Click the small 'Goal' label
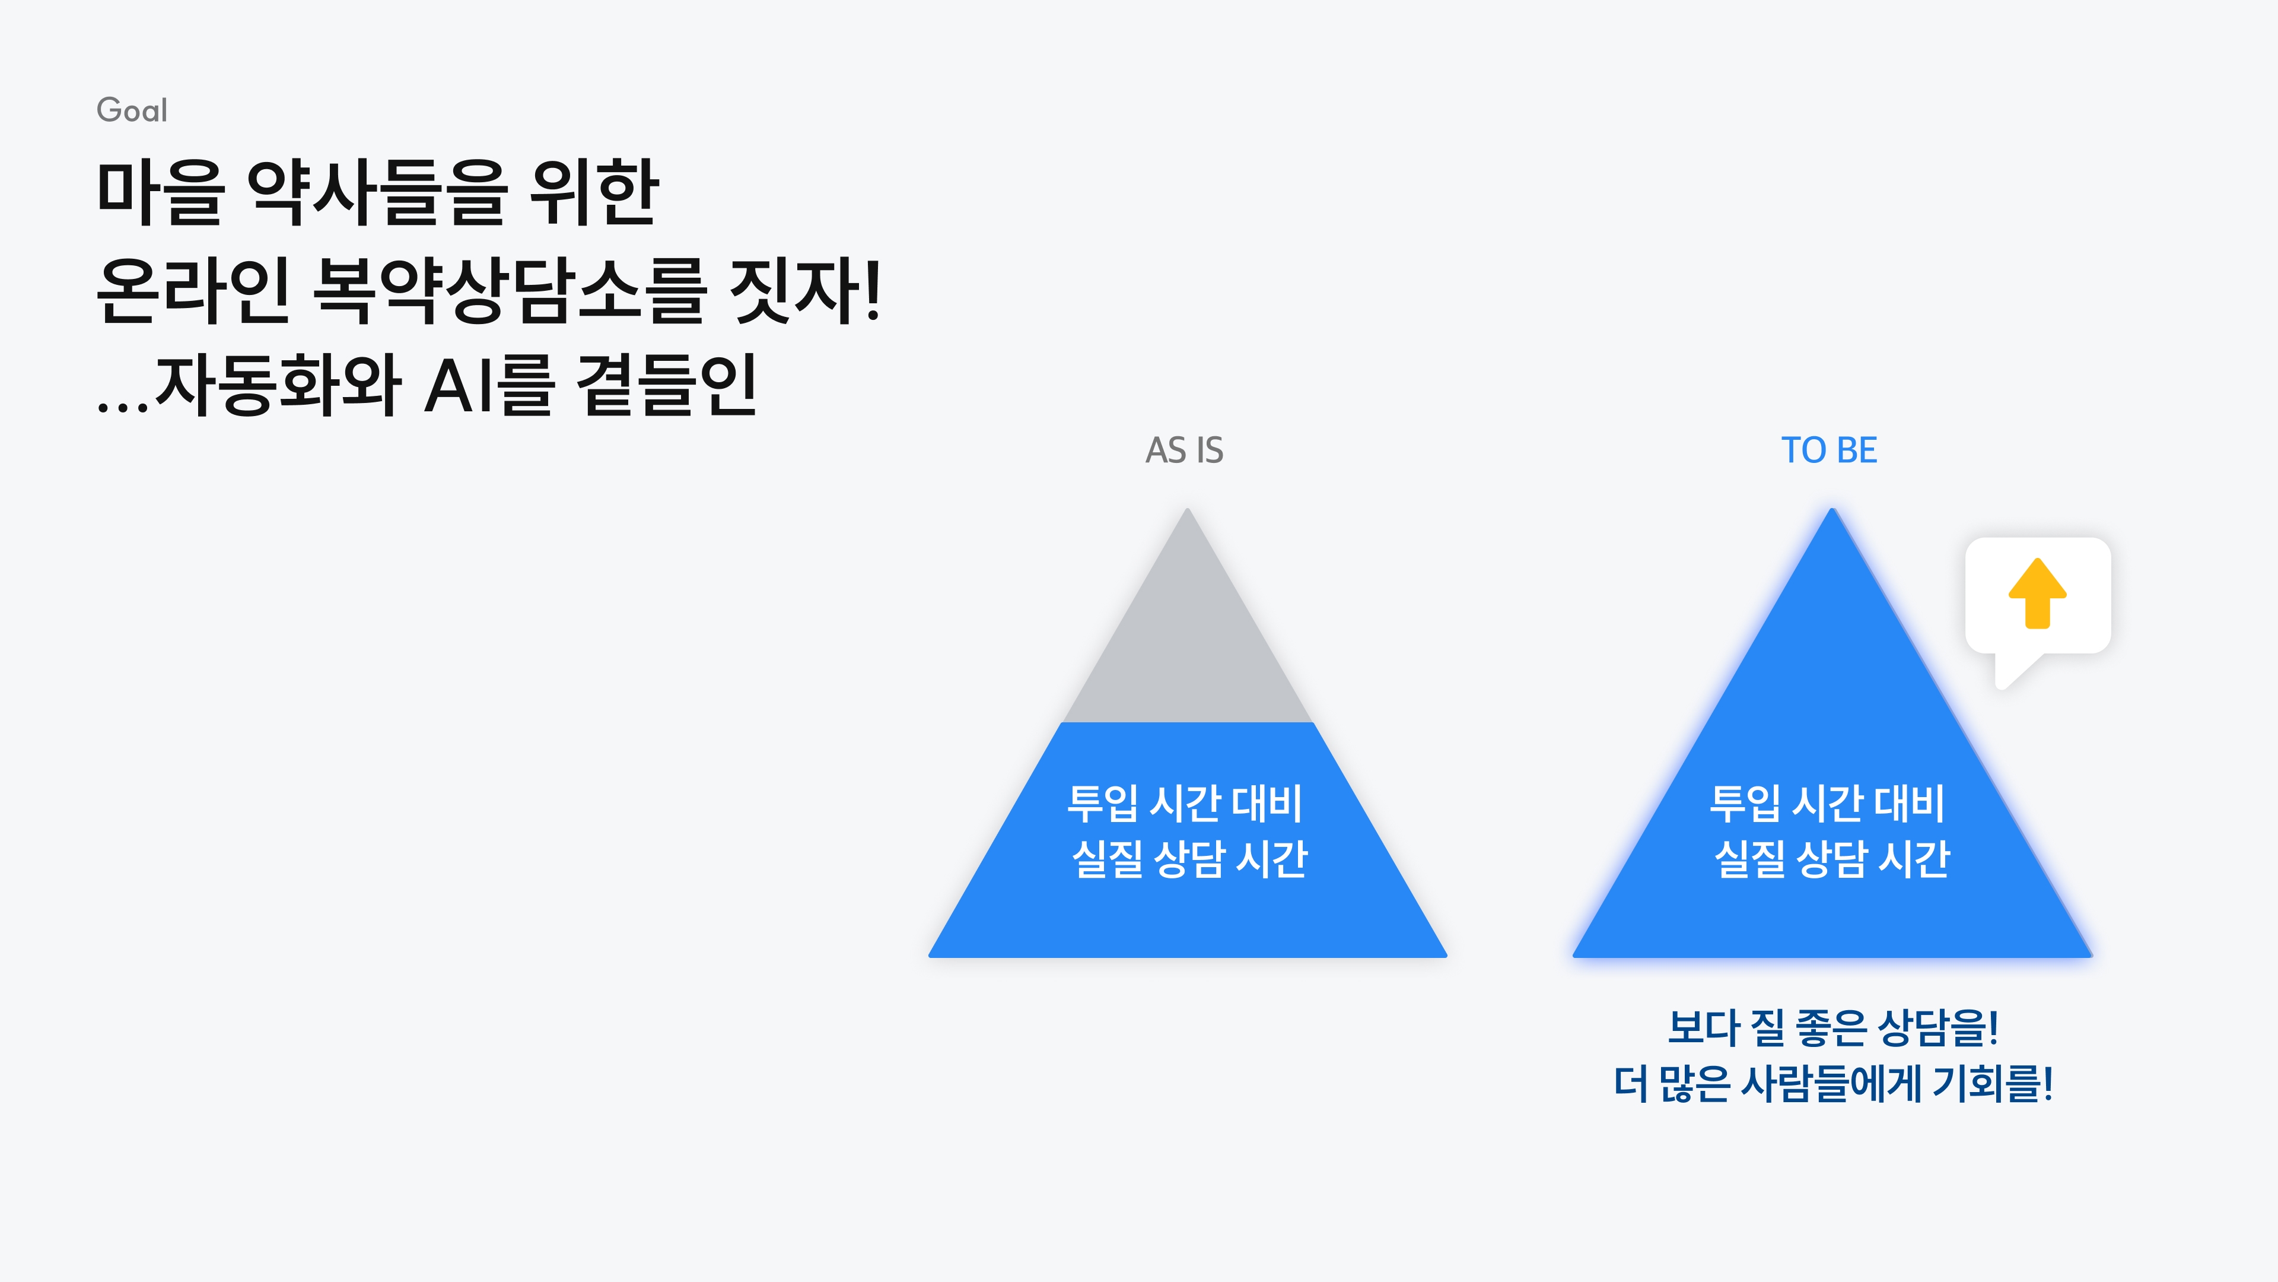[132, 110]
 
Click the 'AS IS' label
[1184, 450]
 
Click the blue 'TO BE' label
[1829, 450]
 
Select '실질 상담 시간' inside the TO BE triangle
[1831, 859]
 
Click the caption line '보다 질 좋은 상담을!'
[1832, 1027]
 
